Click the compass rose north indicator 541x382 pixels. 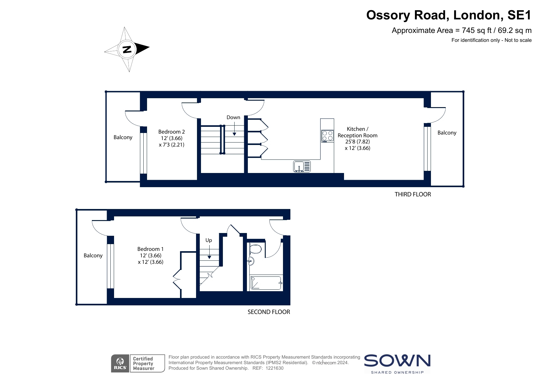(x=127, y=49)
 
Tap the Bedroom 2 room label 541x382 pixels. (x=171, y=138)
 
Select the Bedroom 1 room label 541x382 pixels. (x=150, y=255)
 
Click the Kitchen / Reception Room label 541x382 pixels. (x=358, y=139)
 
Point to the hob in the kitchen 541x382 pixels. (x=327, y=136)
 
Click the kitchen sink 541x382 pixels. (x=302, y=167)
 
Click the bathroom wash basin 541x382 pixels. (x=251, y=261)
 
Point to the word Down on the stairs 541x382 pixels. (x=233, y=117)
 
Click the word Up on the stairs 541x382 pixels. (x=209, y=240)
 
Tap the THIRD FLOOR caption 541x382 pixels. (x=413, y=194)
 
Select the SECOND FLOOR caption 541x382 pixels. (x=269, y=312)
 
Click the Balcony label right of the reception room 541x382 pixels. (x=447, y=133)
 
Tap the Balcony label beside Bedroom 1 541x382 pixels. (x=93, y=255)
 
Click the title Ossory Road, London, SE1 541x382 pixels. (x=449, y=15)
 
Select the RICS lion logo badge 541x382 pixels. (x=120, y=363)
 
